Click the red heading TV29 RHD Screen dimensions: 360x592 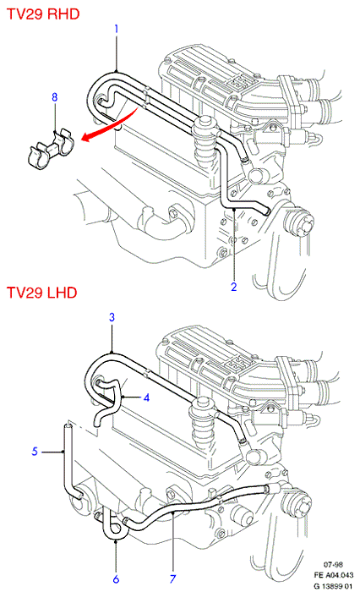click(43, 14)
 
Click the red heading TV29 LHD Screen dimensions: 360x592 click(42, 293)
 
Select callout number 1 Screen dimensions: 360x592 click(117, 29)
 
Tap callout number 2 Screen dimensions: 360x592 click(234, 287)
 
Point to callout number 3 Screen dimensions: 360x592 click(112, 317)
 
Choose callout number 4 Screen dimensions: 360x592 click(146, 397)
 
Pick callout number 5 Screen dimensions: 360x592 click(35, 451)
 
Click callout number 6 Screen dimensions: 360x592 click(116, 578)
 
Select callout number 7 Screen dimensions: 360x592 click(173, 578)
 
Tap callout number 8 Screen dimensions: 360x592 click(55, 97)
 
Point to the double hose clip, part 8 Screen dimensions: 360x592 click(51, 147)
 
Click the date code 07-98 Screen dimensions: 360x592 click(333, 565)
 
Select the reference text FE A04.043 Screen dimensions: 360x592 click(334, 575)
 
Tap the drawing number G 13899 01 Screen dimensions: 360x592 click(333, 586)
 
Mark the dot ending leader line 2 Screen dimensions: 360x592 click(234, 208)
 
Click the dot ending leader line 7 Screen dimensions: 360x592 click(172, 513)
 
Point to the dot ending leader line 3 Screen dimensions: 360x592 click(112, 353)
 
